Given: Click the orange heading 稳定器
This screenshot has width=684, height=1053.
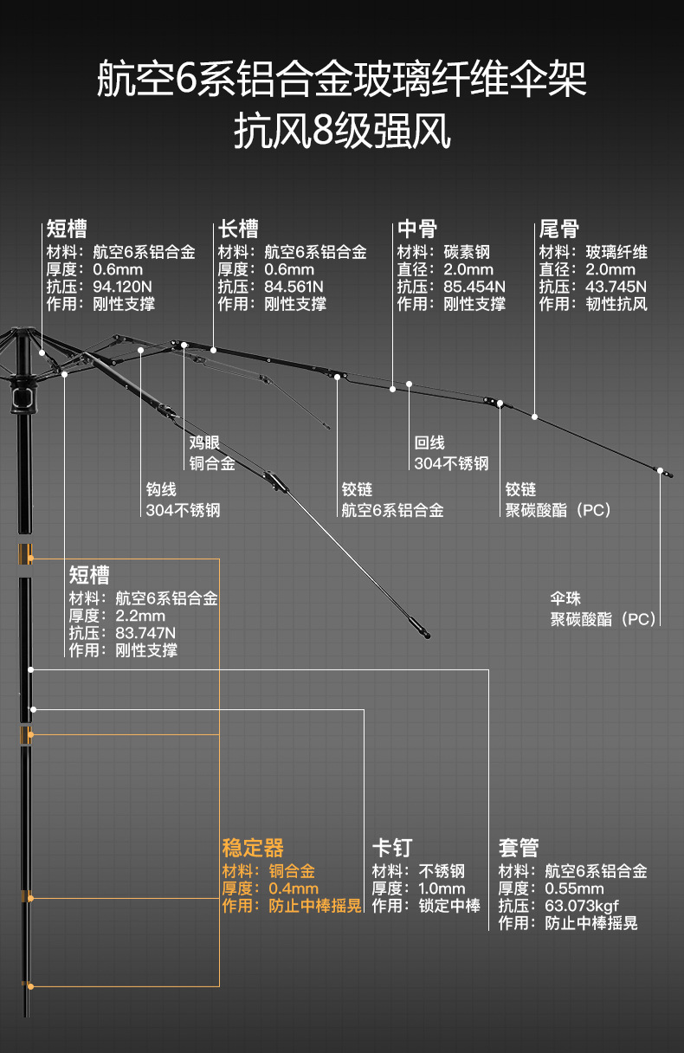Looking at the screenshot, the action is pos(253,847).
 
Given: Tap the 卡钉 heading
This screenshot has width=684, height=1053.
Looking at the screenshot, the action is pos(392,847).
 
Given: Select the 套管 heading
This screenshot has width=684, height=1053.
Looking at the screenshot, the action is pos(519,847).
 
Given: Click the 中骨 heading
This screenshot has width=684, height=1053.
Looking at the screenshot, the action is pos(417,229).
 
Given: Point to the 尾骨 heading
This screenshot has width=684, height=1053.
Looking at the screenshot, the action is pos(559,229).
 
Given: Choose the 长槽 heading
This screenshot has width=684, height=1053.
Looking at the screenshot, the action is pos(238,229).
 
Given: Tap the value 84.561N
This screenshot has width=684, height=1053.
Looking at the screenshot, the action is pos(294,287).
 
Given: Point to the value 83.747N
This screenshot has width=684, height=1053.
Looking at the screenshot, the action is pos(145,633).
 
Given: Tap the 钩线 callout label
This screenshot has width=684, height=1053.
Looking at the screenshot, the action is pos(161,490).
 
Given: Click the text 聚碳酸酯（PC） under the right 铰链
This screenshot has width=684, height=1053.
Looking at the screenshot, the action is pos(558,510).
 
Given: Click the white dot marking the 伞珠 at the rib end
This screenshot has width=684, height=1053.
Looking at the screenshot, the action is pos(661,471).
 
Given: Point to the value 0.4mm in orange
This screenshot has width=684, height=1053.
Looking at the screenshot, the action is pos(294,888).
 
